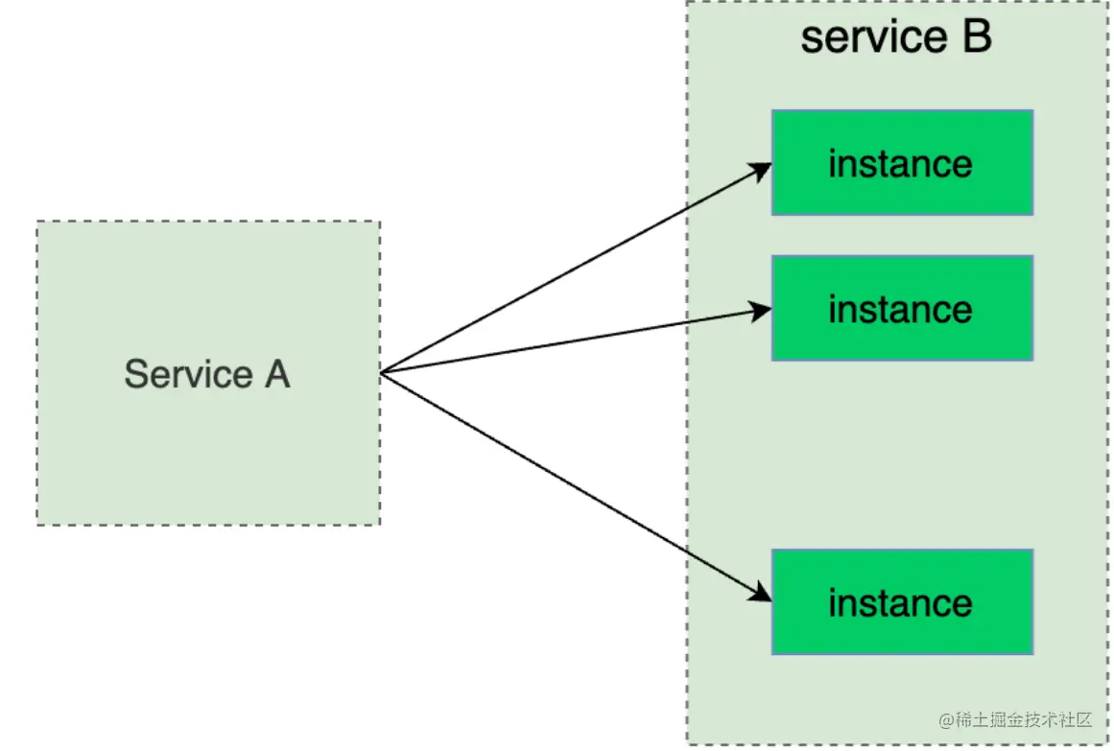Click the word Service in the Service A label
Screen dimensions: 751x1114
click(176, 374)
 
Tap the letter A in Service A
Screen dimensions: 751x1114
click(276, 374)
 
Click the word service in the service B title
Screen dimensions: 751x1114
click(861, 37)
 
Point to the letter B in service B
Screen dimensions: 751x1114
click(977, 37)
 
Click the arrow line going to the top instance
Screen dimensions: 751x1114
click(576, 269)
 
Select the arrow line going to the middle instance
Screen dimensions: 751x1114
click(576, 340)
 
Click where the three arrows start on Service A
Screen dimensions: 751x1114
click(382, 373)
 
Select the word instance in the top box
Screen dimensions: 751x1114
click(900, 164)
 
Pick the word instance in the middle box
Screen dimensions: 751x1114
click(900, 310)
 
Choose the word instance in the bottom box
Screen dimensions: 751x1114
click(900, 603)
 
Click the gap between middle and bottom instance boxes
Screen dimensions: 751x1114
click(902, 455)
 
